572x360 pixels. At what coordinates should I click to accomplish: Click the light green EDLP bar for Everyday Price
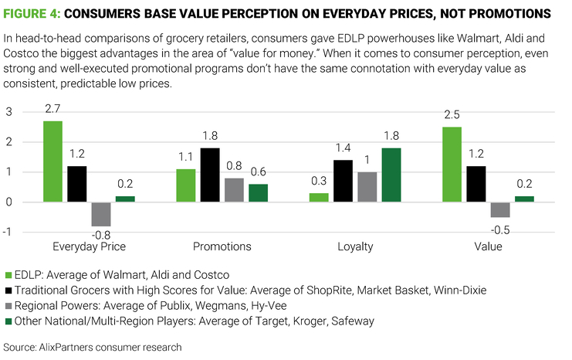tap(52, 161)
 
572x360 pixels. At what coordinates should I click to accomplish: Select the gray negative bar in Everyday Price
tap(100, 214)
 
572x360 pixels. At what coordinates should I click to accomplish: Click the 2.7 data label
tap(52, 110)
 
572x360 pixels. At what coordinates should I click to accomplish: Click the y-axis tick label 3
tap(9, 112)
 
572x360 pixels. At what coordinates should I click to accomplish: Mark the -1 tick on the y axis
tap(8, 232)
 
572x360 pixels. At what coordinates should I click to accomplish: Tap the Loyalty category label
tap(355, 246)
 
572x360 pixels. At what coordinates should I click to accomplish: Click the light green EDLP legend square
tap(8, 275)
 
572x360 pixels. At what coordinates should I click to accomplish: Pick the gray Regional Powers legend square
tap(8, 305)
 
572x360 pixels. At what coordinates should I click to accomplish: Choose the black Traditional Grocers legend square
tap(8, 290)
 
